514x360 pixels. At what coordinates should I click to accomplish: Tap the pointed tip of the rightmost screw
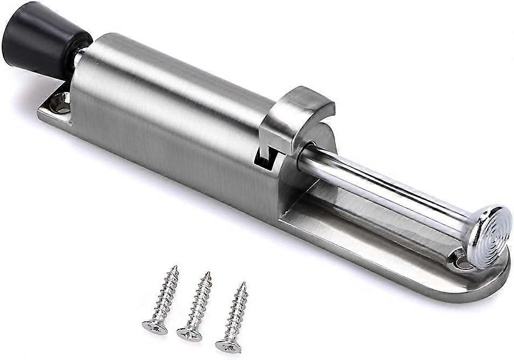pyautogui.click(x=244, y=283)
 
